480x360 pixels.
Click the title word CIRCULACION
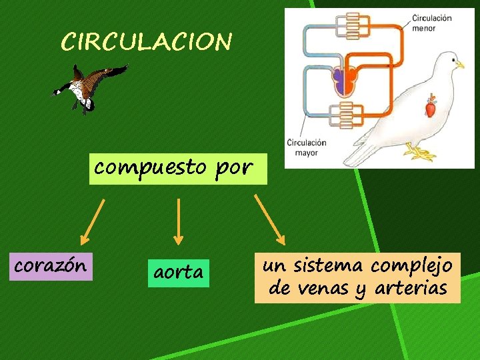[x=147, y=42]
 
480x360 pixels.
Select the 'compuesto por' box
[x=173, y=167]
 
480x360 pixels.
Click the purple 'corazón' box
[x=50, y=265]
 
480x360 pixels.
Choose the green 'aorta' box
[x=178, y=273]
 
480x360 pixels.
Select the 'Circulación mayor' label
[x=307, y=147]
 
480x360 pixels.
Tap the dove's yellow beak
[x=459, y=65]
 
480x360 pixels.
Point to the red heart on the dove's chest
[x=431, y=107]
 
